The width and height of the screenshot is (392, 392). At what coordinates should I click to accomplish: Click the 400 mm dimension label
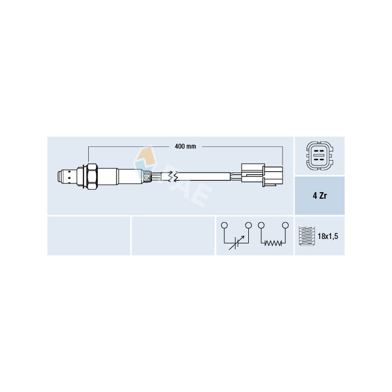(x=185, y=146)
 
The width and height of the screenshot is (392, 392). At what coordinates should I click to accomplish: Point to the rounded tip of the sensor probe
(x=59, y=177)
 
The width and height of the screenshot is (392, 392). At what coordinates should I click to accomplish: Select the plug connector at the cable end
(x=262, y=175)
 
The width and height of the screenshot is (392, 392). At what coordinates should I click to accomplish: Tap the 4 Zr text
(x=320, y=196)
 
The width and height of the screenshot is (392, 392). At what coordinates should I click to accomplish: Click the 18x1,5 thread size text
(x=328, y=236)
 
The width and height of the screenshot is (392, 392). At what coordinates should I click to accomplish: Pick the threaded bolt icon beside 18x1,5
(x=307, y=236)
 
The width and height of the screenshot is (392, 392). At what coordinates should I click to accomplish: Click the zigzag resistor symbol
(x=273, y=243)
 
